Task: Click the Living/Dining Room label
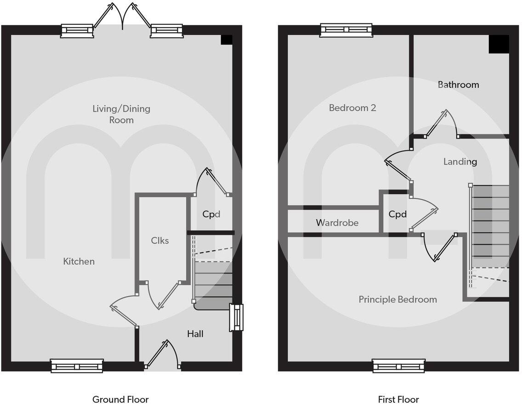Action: [x=121, y=114]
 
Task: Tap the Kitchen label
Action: [x=79, y=261]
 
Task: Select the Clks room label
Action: [x=160, y=241]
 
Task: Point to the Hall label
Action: [x=195, y=334]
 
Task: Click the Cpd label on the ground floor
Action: [x=211, y=214]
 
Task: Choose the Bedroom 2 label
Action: [x=352, y=108]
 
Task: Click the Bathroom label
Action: [x=458, y=84]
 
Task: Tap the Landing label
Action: [x=460, y=162]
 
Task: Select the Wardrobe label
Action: [x=337, y=223]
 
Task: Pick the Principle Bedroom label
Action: [x=397, y=299]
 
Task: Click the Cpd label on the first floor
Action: [x=397, y=214]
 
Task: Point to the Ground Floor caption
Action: [x=120, y=399]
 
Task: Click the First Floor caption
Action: [x=398, y=399]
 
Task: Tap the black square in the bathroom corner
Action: [x=499, y=44]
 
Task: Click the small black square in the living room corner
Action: [x=227, y=40]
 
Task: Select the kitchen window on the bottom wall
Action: [x=77, y=366]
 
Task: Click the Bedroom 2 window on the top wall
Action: [x=346, y=30]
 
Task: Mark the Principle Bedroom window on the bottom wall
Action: [x=398, y=366]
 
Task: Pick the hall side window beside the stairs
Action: [x=237, y=317]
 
